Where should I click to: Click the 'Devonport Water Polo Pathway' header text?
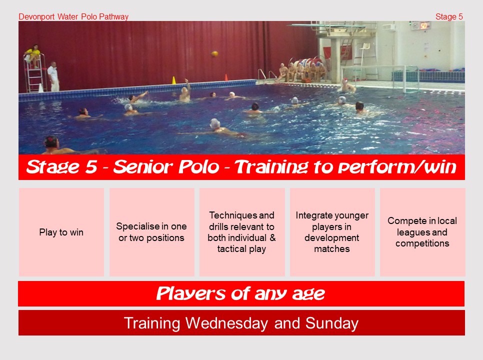(x=73, y=16)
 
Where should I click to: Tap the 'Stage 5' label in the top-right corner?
(x=449, y=16)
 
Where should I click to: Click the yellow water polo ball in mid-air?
(x=214, y=54)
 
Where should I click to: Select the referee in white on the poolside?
(x=53, y=76)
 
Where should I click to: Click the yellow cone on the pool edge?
(x=173, y=80)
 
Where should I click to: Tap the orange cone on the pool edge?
(x=226, y=77)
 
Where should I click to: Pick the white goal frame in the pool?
(x=379, y=79)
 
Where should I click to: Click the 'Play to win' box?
(x=61, y=232)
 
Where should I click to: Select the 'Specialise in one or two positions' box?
(x=152, y=232)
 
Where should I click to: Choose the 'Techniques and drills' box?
(x=242, y=232)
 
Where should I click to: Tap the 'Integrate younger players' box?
(x=332, y=232)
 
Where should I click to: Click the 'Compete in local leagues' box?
(x=422, y=232)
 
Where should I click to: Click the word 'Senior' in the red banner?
(x=165, y=167)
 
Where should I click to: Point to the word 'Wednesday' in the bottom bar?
(x=226, y=323)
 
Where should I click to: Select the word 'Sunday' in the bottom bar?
(x=332, y=323)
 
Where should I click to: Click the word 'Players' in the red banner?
(x=191, y=293)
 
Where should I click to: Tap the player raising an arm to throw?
(x=185, y=91)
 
